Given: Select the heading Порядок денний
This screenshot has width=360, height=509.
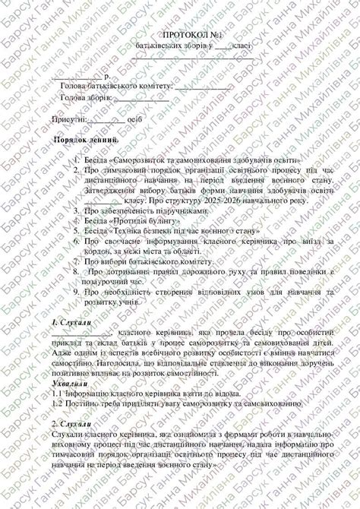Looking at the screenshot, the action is pyautogui.click(x=87, y=141).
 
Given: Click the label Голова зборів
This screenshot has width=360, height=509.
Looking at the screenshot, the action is pyautogui.click(x=86, y=98).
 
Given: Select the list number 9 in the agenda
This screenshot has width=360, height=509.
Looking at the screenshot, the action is pyautogui.click(x=76, y=292).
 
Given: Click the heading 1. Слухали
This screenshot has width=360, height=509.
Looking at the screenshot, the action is pyautogui.click(x=68, y=323).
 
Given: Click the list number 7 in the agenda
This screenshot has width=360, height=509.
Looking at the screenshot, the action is pyautogui.click(x=76, y=261).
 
